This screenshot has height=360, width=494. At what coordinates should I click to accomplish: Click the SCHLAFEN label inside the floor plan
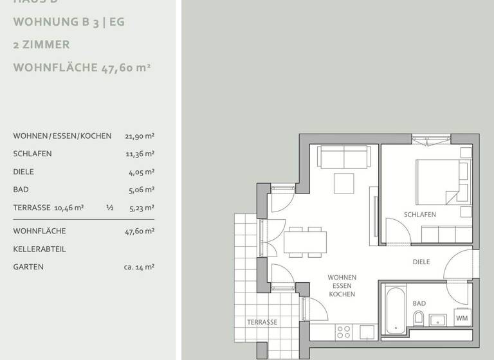click(x=420, y=215)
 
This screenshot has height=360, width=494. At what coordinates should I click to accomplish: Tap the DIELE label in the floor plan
click(x=421, y=262)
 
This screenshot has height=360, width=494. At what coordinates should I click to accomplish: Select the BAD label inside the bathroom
click(x=419, y=303)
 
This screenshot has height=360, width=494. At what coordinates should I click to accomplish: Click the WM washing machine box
click(x=462, y=318)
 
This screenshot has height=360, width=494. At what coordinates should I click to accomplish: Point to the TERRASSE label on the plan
click(x=262, y=322)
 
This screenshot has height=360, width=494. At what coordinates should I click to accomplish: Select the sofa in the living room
click(x=344, y=157)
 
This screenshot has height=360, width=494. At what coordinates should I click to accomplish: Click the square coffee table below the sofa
click(x=344, y=183)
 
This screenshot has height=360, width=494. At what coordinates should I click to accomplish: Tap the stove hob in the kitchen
click(x=344, y=332)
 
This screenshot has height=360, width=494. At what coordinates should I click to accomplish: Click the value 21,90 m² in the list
click(x=140, y=136)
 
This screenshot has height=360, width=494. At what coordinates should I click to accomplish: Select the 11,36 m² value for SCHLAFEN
click(x=140, y=154)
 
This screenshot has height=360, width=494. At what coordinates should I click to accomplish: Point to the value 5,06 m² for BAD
click(x=141, y=190)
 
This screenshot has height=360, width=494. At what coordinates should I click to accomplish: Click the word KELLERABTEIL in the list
click(x=39, y=249)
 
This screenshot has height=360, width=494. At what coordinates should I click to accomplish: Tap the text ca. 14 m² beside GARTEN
click(x=139, y=267)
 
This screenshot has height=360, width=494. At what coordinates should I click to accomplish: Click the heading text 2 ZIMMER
click(x=41, y=45)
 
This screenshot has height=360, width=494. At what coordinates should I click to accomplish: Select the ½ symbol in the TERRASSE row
click(x=109, y=208)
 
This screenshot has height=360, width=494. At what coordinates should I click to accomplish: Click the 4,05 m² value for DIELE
click(x=141, y=172)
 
